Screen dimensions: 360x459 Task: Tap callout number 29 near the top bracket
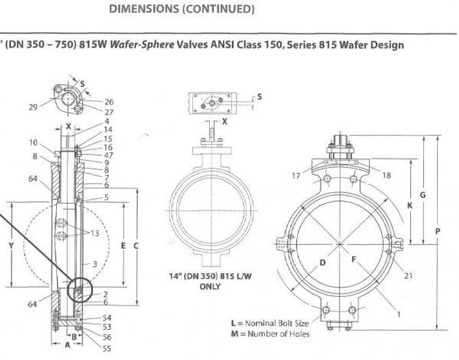tap(33, 106)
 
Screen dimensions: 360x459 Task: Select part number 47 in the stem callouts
tap(108, 155)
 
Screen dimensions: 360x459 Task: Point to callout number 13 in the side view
tap(95, 234)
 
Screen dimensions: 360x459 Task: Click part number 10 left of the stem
tap(34, 143)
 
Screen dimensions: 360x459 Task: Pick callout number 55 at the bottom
tap(106, 348)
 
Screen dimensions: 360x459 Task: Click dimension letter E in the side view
tap(121, 245)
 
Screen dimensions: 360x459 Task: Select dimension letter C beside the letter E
tap(137, 245)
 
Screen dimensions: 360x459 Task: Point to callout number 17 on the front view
tap(296, 176)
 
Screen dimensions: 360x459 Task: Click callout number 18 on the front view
tap(386, 176)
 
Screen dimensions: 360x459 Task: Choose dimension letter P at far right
tap(438, 231)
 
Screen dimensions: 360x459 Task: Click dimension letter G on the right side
tap(423, 195)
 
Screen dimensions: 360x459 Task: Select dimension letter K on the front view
tap(409, 205)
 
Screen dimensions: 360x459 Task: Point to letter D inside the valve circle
tap(322, 263)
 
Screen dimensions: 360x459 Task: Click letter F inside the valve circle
tap(354, 259)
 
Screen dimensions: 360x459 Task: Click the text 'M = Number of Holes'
tap(270, 334)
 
